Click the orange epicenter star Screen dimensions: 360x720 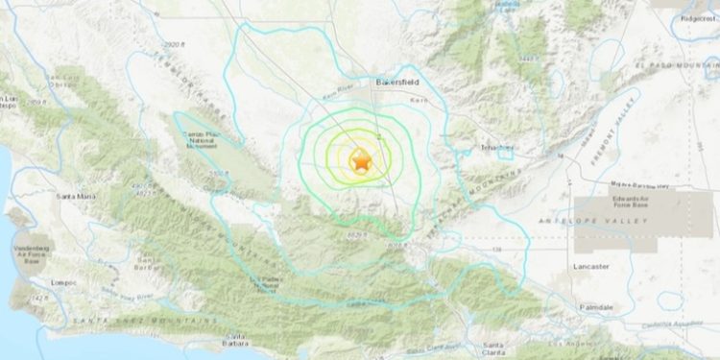click(361, 163)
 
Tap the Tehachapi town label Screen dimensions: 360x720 click(496, 148)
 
